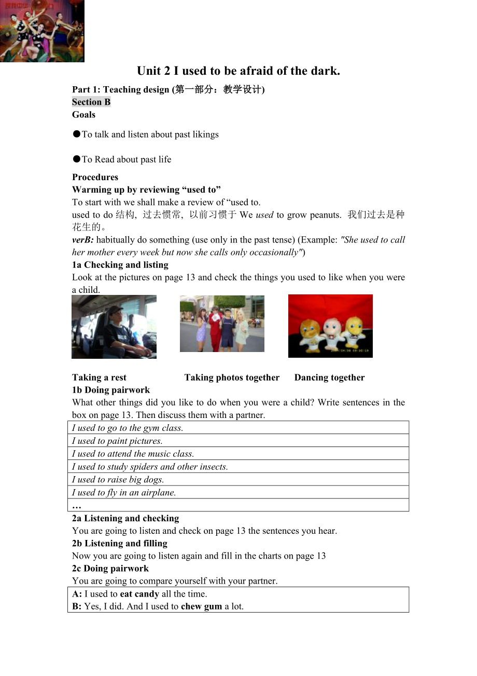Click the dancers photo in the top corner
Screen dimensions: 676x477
[42, 31]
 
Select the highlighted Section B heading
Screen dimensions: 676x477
[91, 102]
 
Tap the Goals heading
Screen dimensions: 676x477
[84, 115]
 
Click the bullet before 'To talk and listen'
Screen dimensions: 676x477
[76, 134]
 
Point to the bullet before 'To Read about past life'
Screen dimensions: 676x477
[76, 159]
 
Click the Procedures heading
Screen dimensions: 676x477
[95, 177]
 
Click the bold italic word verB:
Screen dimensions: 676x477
[83, 240]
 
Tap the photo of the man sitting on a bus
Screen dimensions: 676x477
[114, 327]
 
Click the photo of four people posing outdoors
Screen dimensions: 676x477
[222, 324]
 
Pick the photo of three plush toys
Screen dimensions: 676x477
[330, 326]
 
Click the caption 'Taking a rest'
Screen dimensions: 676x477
[100, 377]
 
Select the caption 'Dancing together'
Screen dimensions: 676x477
[329, 377]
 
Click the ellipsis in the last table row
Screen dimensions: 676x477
[77, 505]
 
